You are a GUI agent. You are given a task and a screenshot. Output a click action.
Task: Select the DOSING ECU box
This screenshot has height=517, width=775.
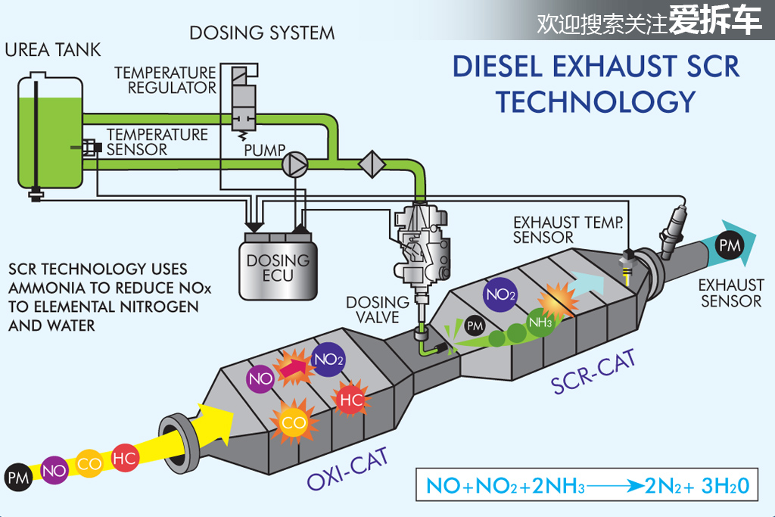tap(278, 267)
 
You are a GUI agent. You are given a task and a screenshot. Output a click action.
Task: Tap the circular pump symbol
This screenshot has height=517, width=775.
tap(295, 163)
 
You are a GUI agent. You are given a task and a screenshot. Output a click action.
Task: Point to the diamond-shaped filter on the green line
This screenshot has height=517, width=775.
tap(372, 164)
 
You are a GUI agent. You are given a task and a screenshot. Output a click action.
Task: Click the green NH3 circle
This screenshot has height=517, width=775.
tap(540, 322)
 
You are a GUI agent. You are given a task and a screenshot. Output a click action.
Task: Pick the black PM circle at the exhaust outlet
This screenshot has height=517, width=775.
tap(730, 245)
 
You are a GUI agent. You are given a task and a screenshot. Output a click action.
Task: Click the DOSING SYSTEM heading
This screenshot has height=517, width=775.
tap(262, 33)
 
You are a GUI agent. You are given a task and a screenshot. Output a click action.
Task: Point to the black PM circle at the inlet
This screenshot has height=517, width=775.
tap(18, 477)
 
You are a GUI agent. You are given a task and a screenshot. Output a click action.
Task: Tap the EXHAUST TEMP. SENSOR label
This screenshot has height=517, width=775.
tap(568, 229)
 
